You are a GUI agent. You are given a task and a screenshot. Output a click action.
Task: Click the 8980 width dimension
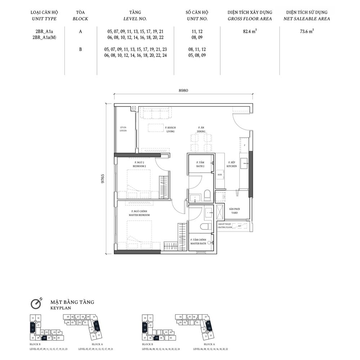tap(183, 91)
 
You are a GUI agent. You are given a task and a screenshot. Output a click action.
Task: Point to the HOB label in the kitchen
tap(220, 174)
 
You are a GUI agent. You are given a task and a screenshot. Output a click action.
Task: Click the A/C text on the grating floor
tap(237, 226)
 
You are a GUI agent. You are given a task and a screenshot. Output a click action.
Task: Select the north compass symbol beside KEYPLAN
tap(36, 304)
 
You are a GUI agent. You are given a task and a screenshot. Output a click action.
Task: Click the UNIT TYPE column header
tap(44, 19)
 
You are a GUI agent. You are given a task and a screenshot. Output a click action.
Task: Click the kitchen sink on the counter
tap(245, 164)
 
